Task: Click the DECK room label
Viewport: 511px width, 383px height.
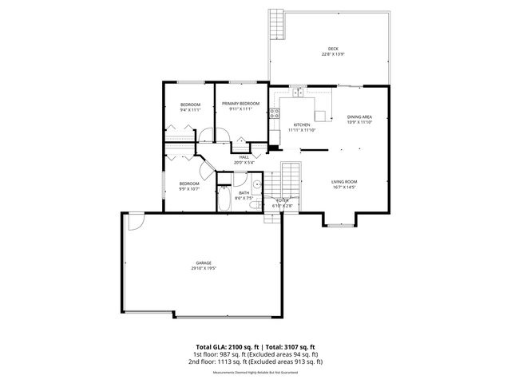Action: pos(333,48)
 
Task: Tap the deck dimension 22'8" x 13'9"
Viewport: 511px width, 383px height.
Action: pos(333,54)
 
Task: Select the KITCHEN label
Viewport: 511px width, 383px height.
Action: pos(302,124)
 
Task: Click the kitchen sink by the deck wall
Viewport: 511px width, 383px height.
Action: pos(299,93)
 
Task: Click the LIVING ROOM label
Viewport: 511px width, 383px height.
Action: pos(344,183)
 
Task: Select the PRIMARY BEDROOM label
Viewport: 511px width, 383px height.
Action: pos(240,104)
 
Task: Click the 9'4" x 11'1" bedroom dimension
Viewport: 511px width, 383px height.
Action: pos(189,110)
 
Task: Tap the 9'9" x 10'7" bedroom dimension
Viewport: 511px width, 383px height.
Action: pos(188,189)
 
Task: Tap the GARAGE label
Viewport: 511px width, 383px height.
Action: pos(204,263)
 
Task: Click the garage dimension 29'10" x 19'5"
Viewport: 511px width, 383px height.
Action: pos(204,269)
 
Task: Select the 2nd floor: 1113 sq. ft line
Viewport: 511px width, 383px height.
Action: pos(255,361)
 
